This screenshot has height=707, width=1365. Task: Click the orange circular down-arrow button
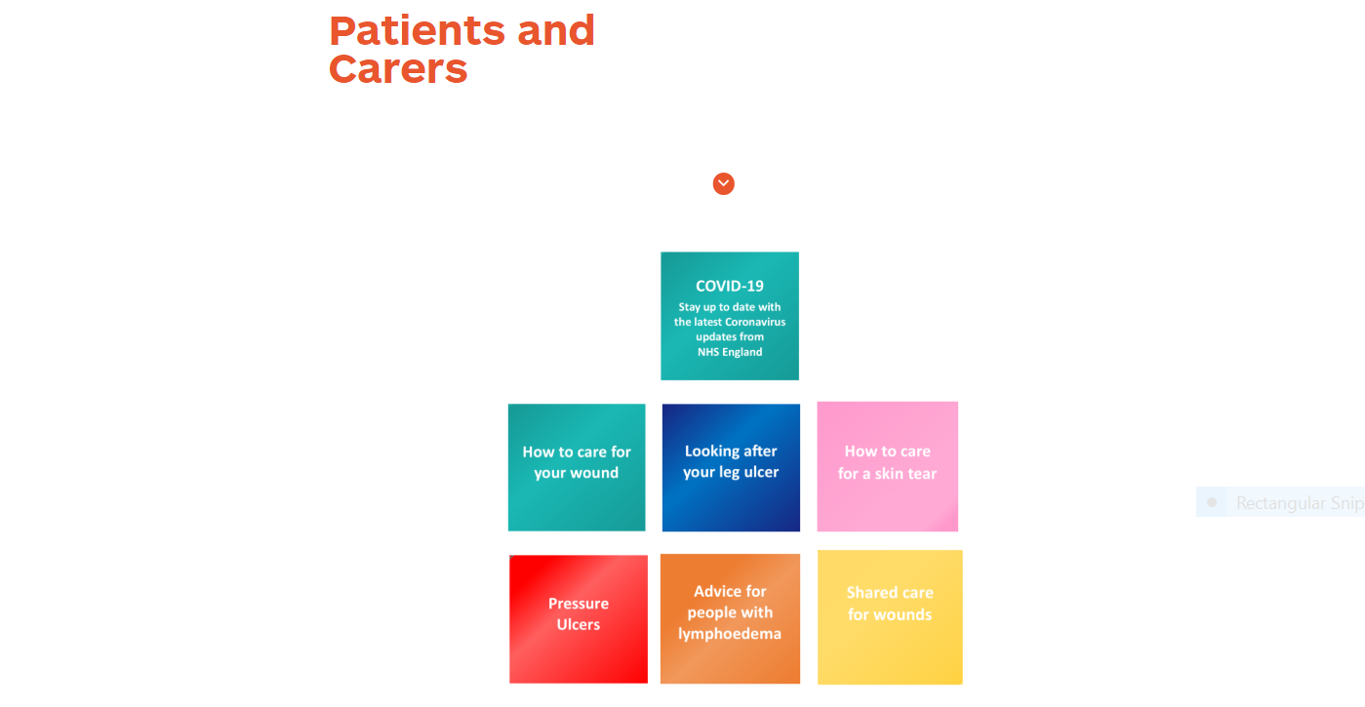[723, 183]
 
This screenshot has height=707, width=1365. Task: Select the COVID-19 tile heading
[730, 286]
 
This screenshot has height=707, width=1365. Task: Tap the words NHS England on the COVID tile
[730, 352]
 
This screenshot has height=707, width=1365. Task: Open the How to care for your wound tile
[577, 467]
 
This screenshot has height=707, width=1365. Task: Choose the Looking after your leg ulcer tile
[731, 467]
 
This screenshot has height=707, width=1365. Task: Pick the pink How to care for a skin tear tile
[887, 466]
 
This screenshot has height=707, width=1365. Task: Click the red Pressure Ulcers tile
[579, 618]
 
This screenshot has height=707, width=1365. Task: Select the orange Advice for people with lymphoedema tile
[730, 618]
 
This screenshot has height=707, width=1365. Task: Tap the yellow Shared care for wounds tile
[890, 616]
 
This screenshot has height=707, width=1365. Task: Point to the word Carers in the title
[398, 69]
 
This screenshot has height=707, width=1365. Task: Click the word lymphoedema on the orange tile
[730, 634]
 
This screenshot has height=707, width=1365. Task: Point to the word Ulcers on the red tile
[579, 625]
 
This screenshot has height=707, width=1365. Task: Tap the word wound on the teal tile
[596, 473]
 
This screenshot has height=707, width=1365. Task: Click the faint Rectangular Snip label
[1299, 503]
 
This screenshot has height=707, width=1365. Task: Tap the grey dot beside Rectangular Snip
[1212, 502]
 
